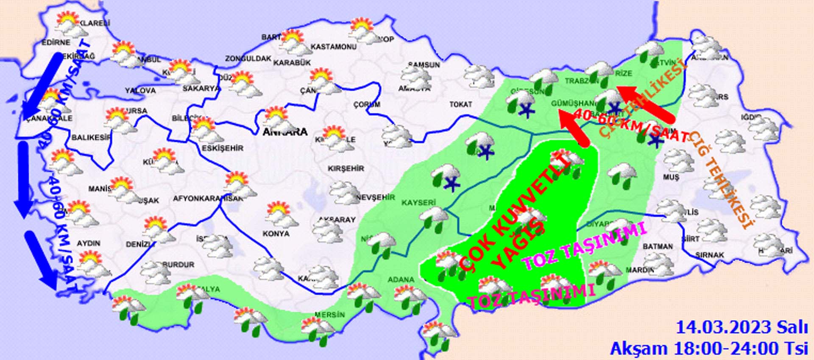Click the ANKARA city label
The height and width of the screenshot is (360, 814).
[x=285, y=132]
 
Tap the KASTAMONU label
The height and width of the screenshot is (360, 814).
[x=333, y=47]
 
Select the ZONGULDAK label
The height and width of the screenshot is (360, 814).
[x=248, y=59]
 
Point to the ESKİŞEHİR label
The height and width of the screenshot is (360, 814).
[x=223, y=148]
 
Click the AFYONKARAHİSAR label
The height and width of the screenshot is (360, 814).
[x=208, y=198]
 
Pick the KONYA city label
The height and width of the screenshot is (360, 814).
[x=276, y=234]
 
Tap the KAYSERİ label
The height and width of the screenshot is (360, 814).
[x=418, y=203]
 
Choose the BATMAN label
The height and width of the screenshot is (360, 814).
[x=658, y=246]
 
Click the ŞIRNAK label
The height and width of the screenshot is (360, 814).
[x=709, y=255]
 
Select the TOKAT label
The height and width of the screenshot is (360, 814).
[x=460, y=104]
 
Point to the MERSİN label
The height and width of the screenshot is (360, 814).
[x=329, y=315]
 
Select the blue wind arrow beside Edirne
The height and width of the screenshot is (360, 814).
[x=43, y=85]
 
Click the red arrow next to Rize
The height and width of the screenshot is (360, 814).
[x=644, y=102]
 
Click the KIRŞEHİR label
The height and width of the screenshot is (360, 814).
[x=346, y=168]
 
